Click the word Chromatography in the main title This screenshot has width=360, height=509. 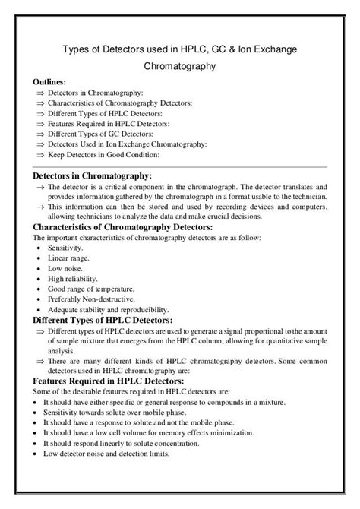pos(180,66)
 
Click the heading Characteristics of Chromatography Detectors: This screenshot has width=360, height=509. pos(122,227)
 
